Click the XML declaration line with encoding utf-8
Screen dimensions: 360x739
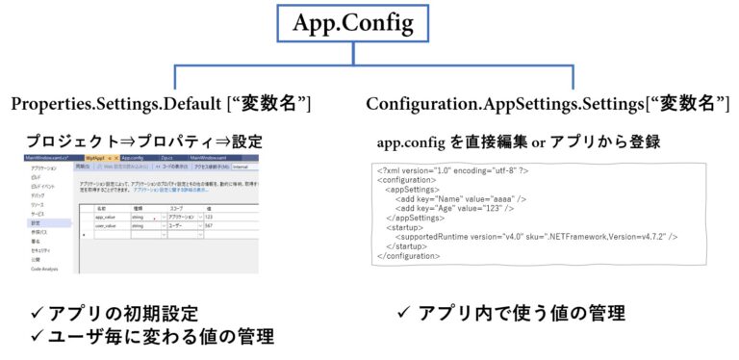453,170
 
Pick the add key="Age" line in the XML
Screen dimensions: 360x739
453,209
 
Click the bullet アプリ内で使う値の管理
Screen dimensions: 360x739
511,314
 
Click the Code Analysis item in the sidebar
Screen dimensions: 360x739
45,269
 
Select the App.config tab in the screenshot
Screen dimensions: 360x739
131,157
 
